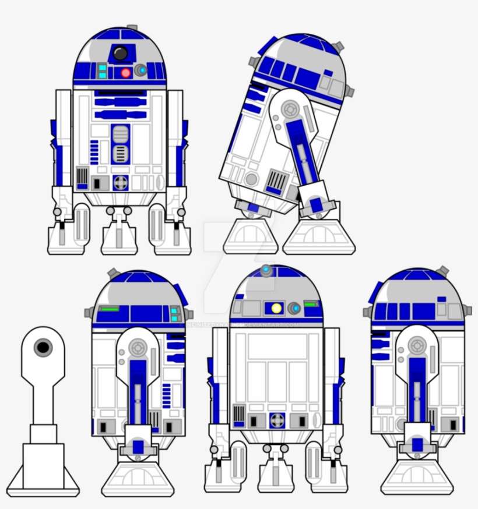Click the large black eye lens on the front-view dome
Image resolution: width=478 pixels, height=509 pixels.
[121, 54]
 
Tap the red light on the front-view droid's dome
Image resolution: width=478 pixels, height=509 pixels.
[125, 73]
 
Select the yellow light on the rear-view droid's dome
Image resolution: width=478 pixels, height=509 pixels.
[276, 307]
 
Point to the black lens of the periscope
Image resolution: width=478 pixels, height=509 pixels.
[43, 348]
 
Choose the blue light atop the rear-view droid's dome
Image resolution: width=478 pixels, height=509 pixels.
[266, 270]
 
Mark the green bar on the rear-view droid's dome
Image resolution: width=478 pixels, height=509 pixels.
[310, 304]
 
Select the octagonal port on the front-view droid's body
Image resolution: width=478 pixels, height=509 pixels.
[120, 182]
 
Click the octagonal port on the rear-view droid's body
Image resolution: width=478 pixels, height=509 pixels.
[277, 420]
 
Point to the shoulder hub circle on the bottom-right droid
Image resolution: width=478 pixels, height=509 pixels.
[417, 346]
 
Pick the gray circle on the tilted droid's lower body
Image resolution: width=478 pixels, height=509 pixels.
[251, 179]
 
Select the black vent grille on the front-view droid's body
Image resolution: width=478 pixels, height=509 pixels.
[82, 177]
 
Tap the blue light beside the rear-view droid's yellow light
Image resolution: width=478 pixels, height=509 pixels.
[295, 308]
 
